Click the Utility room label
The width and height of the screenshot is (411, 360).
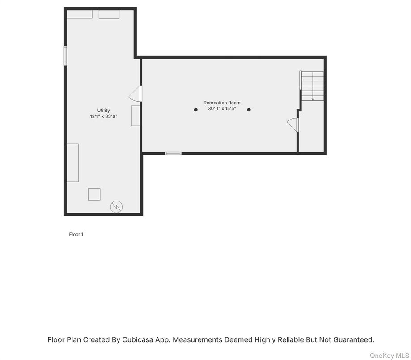(104, 111)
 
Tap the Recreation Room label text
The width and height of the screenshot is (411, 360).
(222, 103)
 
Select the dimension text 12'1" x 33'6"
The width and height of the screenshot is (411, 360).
(104, 116)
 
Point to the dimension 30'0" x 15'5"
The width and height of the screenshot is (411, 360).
(222, 108)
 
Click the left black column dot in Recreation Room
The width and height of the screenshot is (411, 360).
(195, 110)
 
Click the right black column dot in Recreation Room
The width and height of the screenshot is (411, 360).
(249, 110)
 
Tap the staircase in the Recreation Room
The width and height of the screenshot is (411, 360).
(312, 86)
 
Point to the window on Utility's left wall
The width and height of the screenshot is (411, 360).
(65, 56)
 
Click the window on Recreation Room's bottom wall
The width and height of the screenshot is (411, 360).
(173, 154)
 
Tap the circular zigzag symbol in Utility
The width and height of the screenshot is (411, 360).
(116, 206)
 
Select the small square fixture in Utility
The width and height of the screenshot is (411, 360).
(94, 194)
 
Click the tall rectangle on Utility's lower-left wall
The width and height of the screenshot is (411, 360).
(72, 163)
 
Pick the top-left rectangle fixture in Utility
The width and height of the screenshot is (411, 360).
(80, 14)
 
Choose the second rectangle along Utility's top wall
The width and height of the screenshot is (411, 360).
(109, 15)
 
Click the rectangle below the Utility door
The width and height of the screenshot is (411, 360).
(136, 116)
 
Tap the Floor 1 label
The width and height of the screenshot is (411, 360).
(76, 234)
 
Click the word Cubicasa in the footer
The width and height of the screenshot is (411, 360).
(138, 339)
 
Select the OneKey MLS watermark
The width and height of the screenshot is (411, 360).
(389, 356)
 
